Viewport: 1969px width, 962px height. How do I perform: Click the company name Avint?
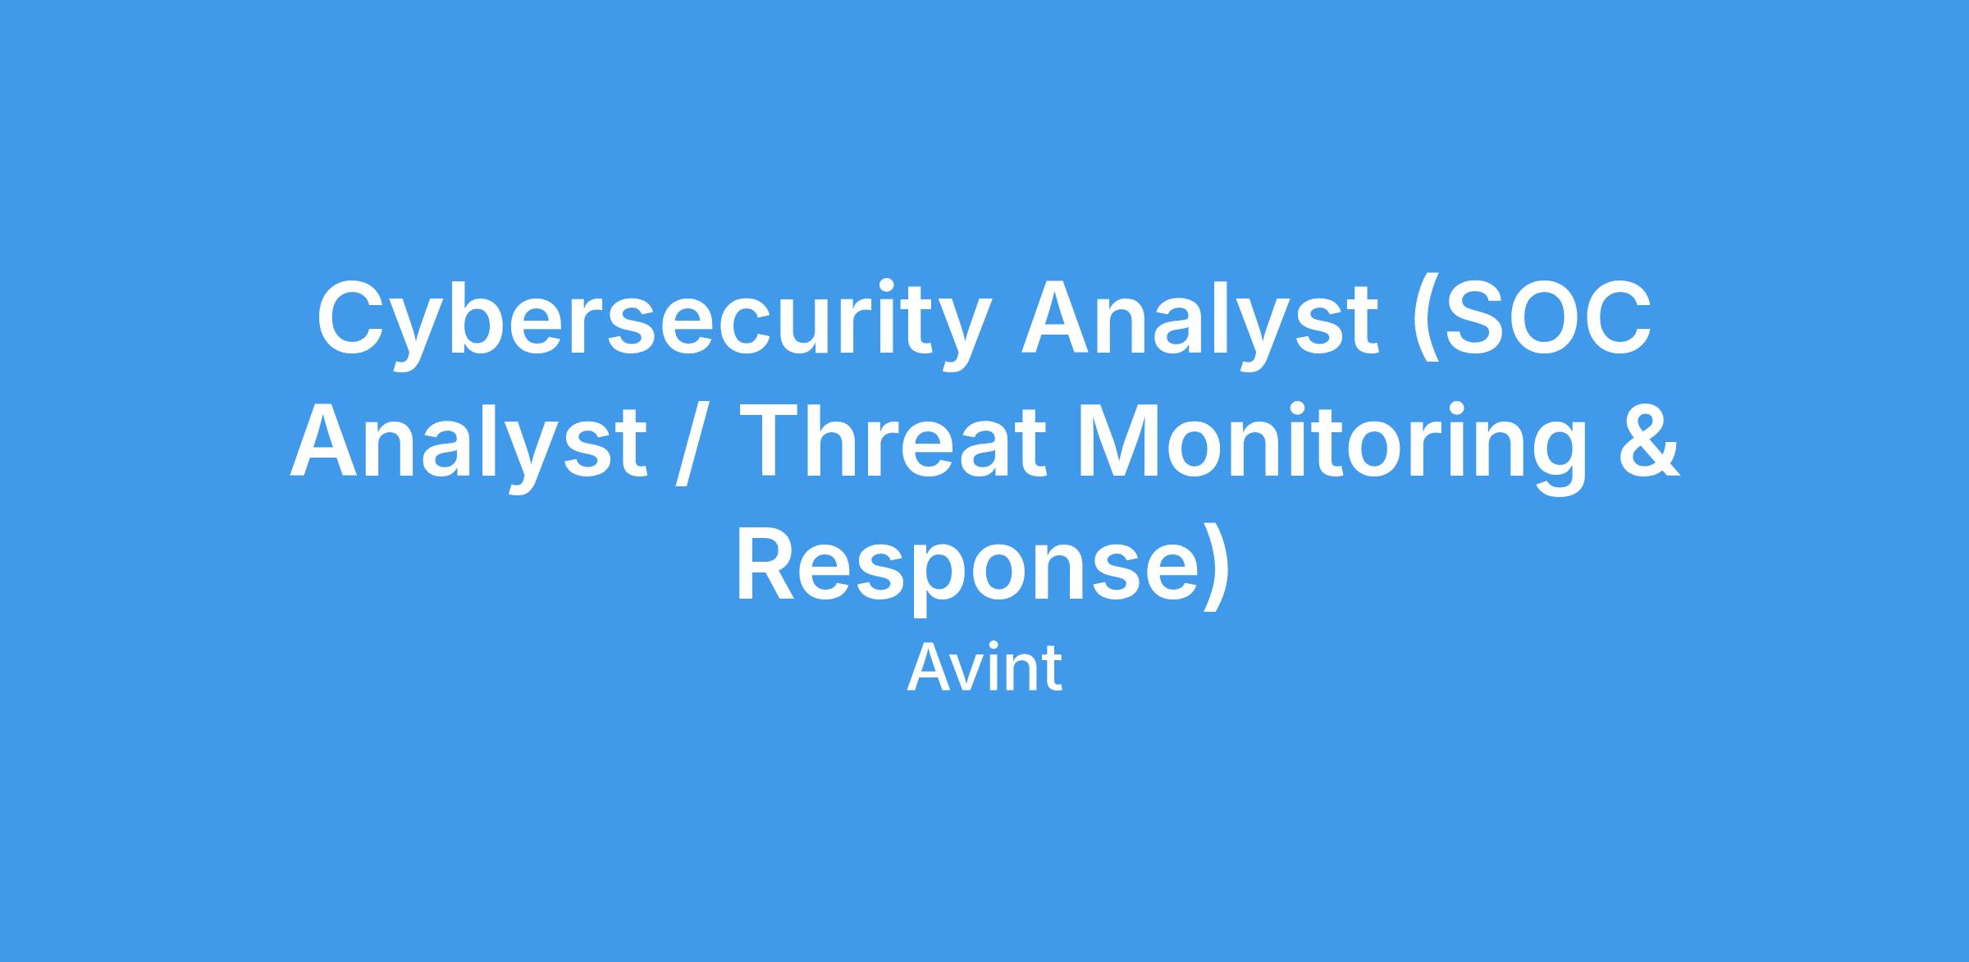coord(984,668)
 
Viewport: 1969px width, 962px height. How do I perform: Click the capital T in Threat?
coord(781,442)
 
